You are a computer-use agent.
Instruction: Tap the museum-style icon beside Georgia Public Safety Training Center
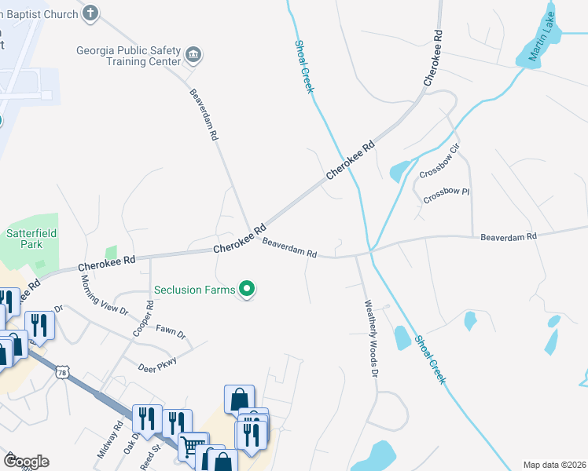pyautogui.click(x=193, y=54)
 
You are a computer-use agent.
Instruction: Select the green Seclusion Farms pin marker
pyautogui.click(x=248, y=290)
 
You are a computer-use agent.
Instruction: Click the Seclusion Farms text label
pyautogui.click(x=194, y=290)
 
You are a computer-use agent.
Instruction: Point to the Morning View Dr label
pyautogui.click(x=104, y=294)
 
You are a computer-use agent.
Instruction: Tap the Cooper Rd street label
pyautogui.click(x=143, y=318)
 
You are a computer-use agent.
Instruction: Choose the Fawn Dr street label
pyautogui.click(x=171, y=332)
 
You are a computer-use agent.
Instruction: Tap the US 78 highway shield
pyautogui.click(x=61, y=372)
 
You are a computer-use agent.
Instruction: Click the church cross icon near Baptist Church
pyautogui.click(x=91, y=13)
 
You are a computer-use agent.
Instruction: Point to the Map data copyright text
pyautogui.click(x=553, y=465)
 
